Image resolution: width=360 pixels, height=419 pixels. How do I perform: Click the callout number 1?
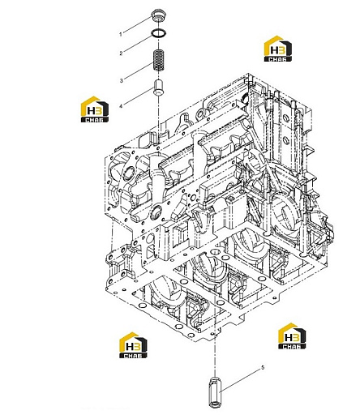point(121,34)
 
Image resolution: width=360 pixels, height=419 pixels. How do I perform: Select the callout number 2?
point(121,53)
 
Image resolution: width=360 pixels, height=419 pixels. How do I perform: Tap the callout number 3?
point(122,80)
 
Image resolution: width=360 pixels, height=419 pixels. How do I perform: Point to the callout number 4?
point(121,106)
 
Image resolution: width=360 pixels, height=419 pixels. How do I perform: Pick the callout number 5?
point(263,368)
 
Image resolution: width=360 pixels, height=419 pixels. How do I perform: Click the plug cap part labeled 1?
point(158,15)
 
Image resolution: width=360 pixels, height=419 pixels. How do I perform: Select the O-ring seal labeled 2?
point(159,33)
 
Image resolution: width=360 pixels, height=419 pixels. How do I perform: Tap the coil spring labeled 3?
point(159,61)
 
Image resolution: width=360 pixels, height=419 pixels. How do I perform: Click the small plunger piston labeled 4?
point(159,88)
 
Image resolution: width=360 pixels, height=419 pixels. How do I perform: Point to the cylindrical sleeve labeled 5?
point(215,392)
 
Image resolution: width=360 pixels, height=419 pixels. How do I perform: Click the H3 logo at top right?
point(278,49)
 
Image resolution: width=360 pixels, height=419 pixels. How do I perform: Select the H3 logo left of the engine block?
point(95,109)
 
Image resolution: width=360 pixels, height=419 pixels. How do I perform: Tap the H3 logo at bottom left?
point(133,345)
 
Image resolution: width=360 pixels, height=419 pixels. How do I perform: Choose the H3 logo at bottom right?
point(292,336)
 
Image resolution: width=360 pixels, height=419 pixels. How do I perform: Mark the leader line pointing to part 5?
point(240,380)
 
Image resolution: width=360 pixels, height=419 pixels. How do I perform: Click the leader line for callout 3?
point(139,71)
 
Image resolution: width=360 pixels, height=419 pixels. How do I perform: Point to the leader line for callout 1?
point(139,24)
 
